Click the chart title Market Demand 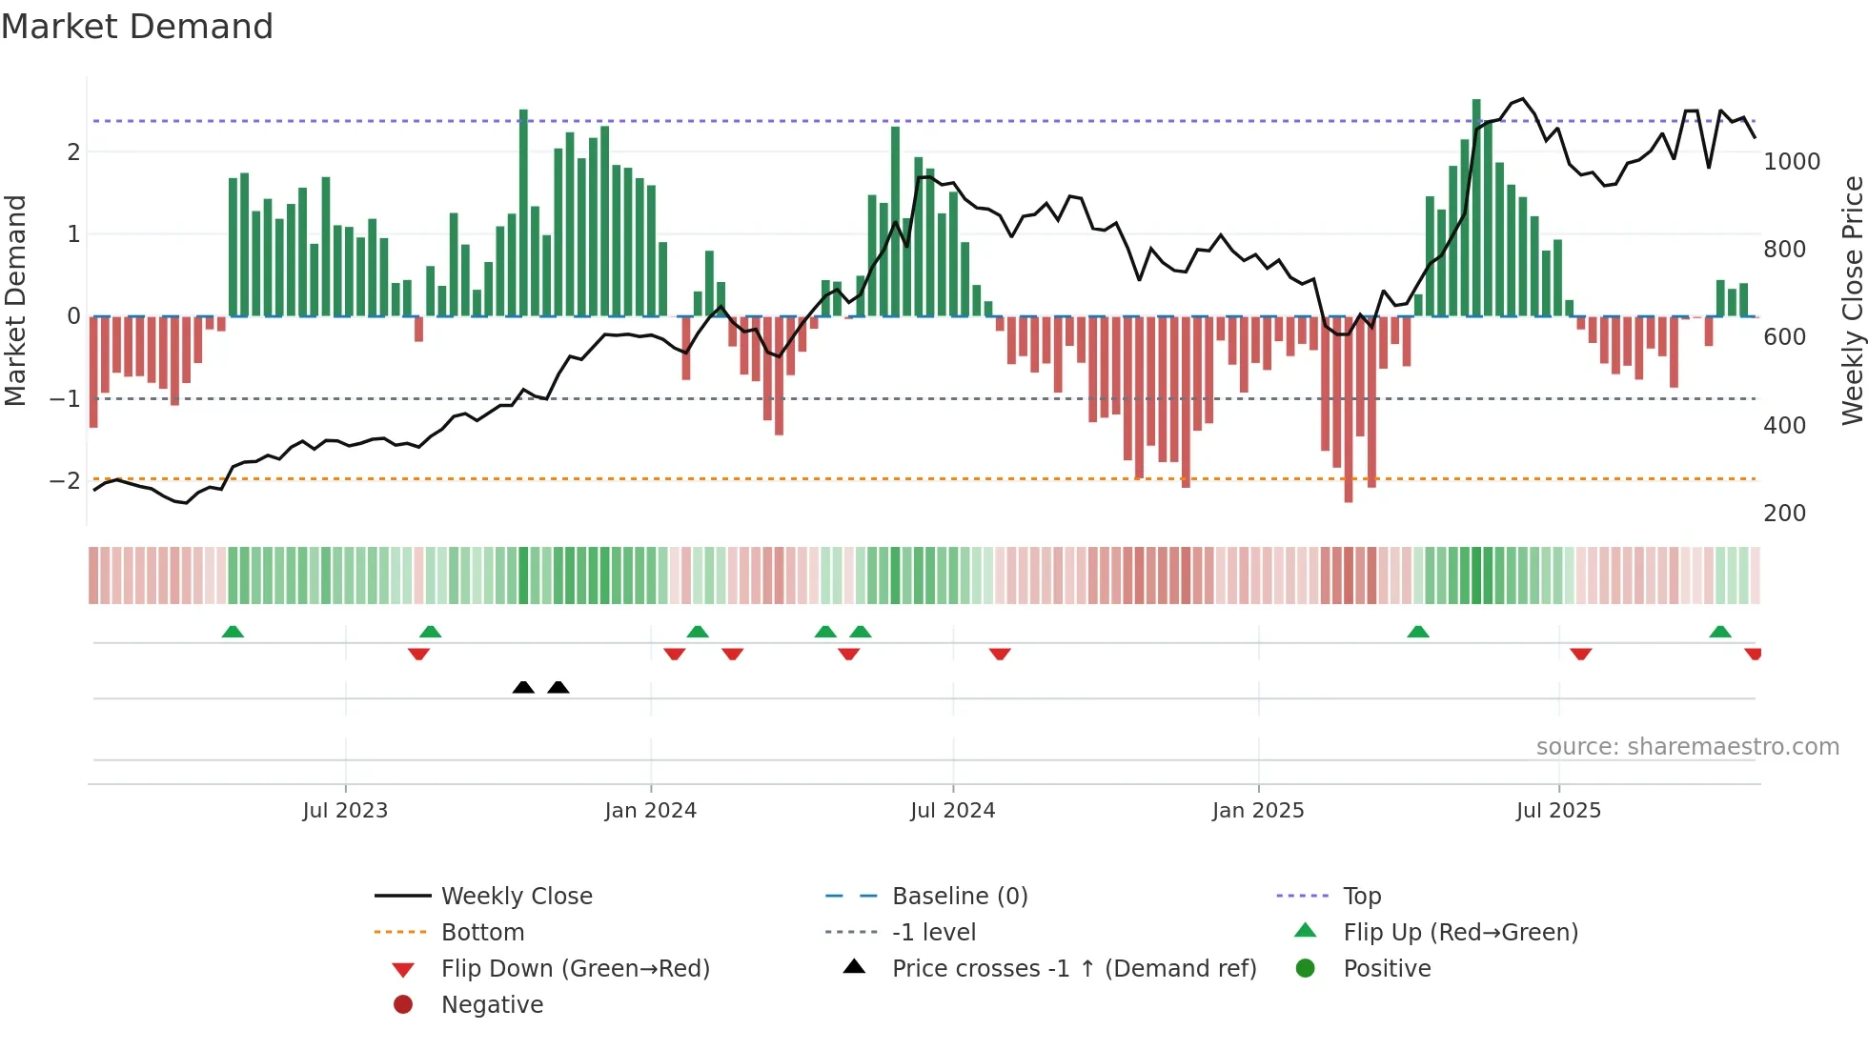click(x=137, y=27)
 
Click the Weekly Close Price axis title click(x=1852, y=300)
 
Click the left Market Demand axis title click(x=15, y=300)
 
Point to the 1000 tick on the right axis click(x=1791, y=162)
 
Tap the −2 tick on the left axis click(x=65, y=480)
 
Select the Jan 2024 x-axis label click(x=650, y=811)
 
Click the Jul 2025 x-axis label click(x=1558, y=811)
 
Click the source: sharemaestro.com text click(x=1687, y=747)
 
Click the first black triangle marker click(x=523, y=687)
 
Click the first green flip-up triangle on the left click(x=233, y=632)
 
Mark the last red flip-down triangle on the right click(x=1753, y=654)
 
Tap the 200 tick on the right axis click(x=1784, y=514)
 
